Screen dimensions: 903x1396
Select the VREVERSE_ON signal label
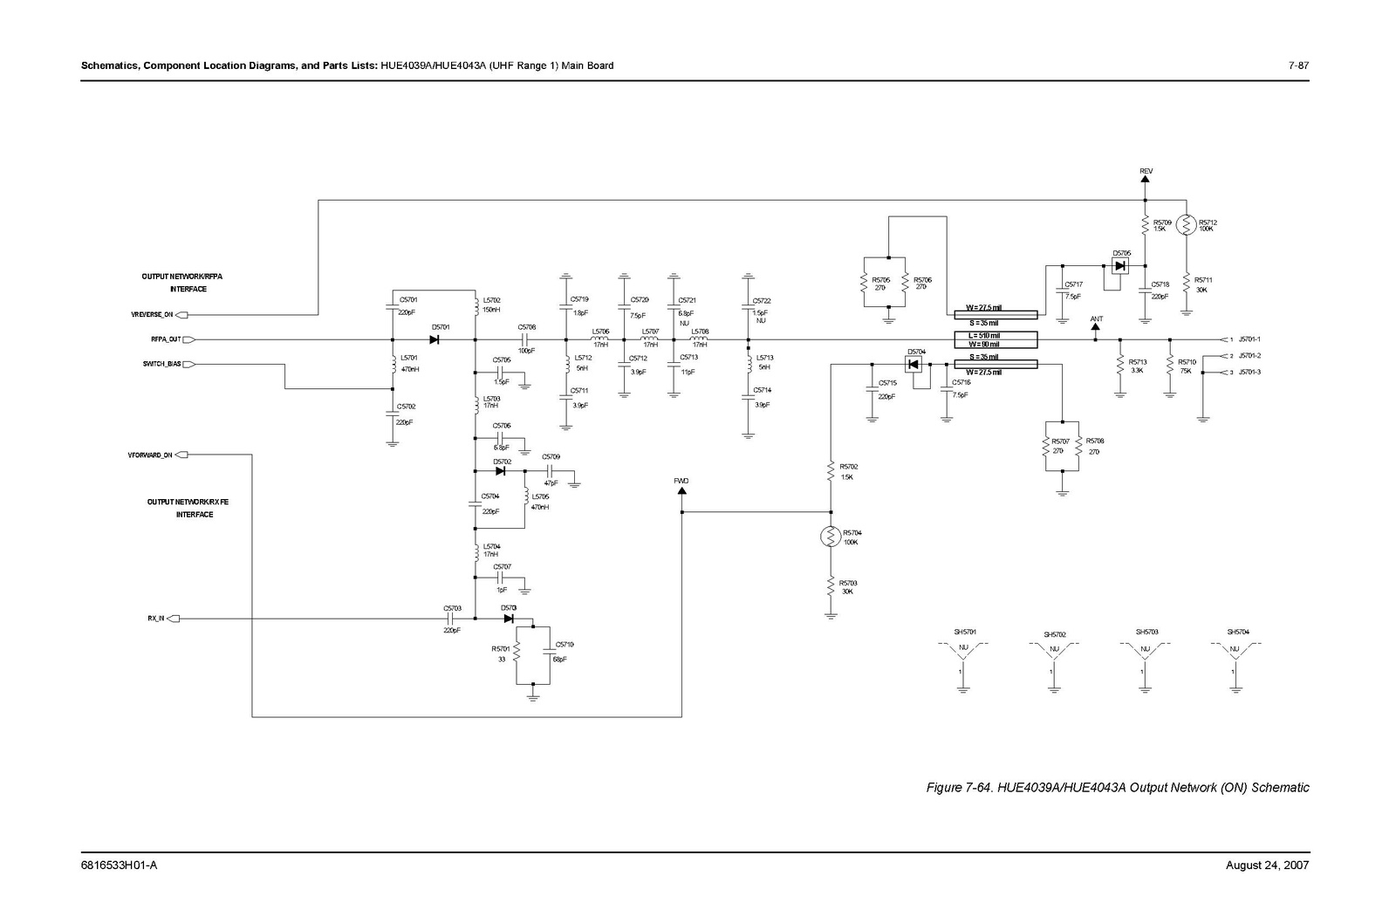click(152, 314)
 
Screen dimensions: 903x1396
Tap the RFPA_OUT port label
click(160, 339)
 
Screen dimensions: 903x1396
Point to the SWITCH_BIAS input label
click(162, 364)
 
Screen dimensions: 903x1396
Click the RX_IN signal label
click(155, 619)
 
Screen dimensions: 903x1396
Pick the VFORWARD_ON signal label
click(150, 455)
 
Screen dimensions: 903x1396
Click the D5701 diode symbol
click(434, 339)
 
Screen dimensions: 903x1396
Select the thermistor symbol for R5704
click(831, 536)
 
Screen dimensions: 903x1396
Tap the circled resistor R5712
click(1186, 225)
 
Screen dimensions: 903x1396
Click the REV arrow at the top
click(1146, 178)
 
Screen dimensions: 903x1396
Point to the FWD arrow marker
click(681, 489)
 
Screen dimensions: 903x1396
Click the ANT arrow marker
click(1096, 327)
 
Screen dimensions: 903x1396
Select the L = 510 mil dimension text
click(982, 335)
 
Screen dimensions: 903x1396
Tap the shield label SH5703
click(1146, 632)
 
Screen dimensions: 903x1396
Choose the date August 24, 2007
click(1267, 865)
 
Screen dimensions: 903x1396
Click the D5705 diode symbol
click(1120, 266)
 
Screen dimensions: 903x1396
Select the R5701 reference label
click(500, 648)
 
